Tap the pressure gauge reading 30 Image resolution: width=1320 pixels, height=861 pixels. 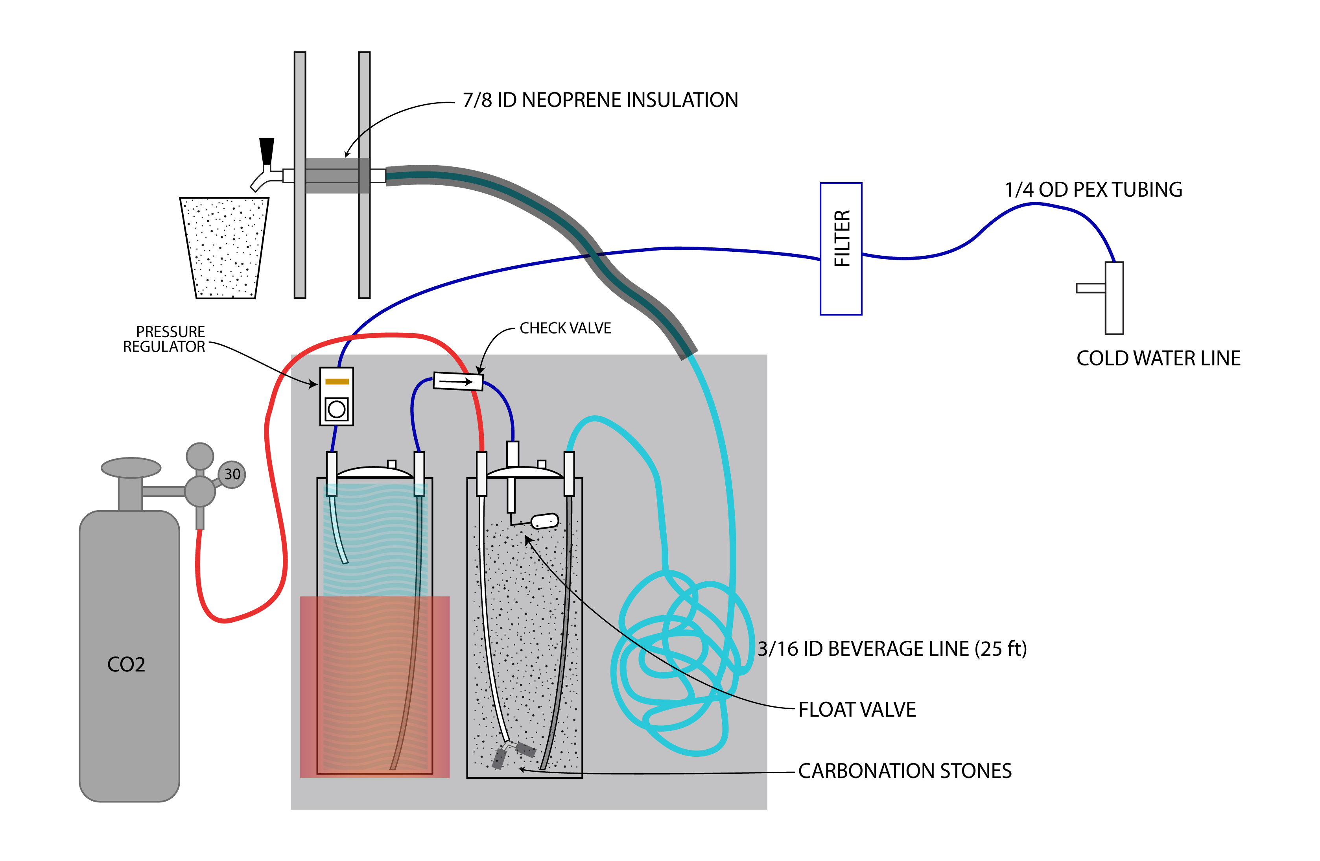tap(232, 474)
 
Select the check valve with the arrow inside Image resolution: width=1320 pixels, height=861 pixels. tap(457, 381)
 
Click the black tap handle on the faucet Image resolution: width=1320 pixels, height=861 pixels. tap(267, 151)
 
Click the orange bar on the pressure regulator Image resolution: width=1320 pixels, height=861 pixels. tap(337, 381)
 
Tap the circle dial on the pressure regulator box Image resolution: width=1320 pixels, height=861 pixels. tap(337, 409)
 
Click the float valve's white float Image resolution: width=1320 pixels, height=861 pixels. tap(545, 521)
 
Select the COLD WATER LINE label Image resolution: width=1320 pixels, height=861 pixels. tap(1158, 358)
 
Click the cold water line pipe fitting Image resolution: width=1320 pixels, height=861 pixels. tap(1114, 298)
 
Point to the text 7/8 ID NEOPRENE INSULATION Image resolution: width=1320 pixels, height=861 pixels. tap(600, 100)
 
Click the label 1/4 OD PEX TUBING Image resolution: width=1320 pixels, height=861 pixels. tap(1093, 190)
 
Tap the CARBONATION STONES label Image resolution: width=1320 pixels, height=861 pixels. tap(905, 771)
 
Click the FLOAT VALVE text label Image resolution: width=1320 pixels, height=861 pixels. tap(857, 710)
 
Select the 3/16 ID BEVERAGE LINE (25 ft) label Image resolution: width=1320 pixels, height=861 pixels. tap(892, 649)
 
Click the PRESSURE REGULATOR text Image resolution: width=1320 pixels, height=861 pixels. tap(164, 339)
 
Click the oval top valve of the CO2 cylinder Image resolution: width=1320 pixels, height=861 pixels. tap(131, 468)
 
